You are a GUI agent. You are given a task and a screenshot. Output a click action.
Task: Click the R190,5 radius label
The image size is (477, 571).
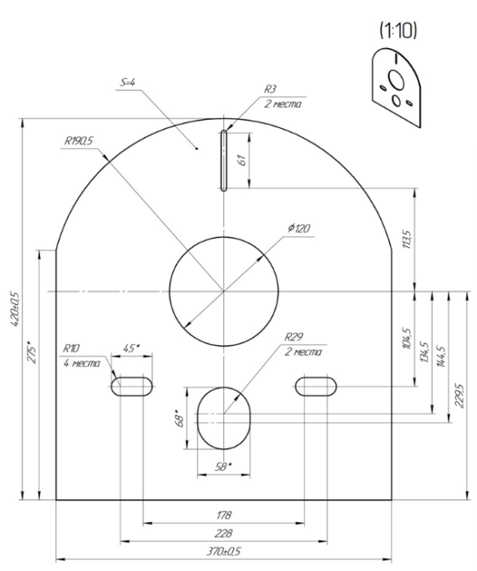(78, 141)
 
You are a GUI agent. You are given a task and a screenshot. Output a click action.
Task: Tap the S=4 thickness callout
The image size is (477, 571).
(127, 82)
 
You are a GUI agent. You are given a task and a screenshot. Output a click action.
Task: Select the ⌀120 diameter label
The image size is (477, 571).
(299, 228)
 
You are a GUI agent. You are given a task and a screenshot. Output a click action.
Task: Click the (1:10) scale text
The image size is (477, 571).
(398, 31)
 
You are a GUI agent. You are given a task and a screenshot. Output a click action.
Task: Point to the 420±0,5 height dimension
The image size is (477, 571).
(15, 308)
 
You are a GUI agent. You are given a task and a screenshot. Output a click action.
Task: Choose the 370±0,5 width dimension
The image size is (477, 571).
(223, 551)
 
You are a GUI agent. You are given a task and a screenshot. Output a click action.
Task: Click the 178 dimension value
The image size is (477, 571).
(223, 516)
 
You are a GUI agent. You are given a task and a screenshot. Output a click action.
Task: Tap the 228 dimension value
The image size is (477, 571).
(223, 533)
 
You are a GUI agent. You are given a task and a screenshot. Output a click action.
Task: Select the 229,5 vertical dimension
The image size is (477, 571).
(459, 396)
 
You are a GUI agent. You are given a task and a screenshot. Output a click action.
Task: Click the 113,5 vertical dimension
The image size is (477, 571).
(407, 239)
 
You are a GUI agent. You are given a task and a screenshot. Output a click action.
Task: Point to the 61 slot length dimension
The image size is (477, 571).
(241, 160)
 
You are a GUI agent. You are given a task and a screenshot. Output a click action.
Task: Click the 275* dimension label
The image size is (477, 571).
(32, 352)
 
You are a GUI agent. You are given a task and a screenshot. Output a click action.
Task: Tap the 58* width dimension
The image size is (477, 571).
(223, 467)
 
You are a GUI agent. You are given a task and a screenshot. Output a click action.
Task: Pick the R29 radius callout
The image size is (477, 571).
(294, 337)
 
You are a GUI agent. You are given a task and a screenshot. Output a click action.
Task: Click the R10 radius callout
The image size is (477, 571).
(71, 348)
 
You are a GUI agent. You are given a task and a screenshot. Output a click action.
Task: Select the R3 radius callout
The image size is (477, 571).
(270, 89)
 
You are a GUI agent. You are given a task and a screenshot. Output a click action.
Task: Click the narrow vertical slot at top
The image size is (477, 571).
(223, 160)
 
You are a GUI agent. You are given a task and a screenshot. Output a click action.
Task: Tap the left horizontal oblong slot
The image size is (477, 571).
(131, 387)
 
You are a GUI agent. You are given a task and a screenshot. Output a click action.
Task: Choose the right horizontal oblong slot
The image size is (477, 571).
(316, 387)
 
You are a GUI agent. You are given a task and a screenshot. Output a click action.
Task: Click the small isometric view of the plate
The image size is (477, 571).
(396, 87)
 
